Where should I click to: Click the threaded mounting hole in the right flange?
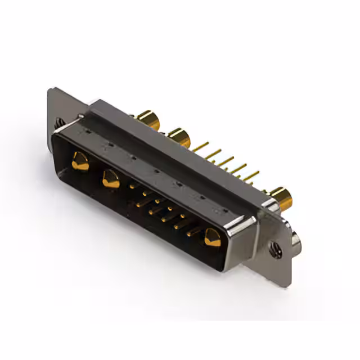click(276, 247)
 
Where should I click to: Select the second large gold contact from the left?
click(111, 179)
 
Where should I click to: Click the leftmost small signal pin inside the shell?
click(132, 184)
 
